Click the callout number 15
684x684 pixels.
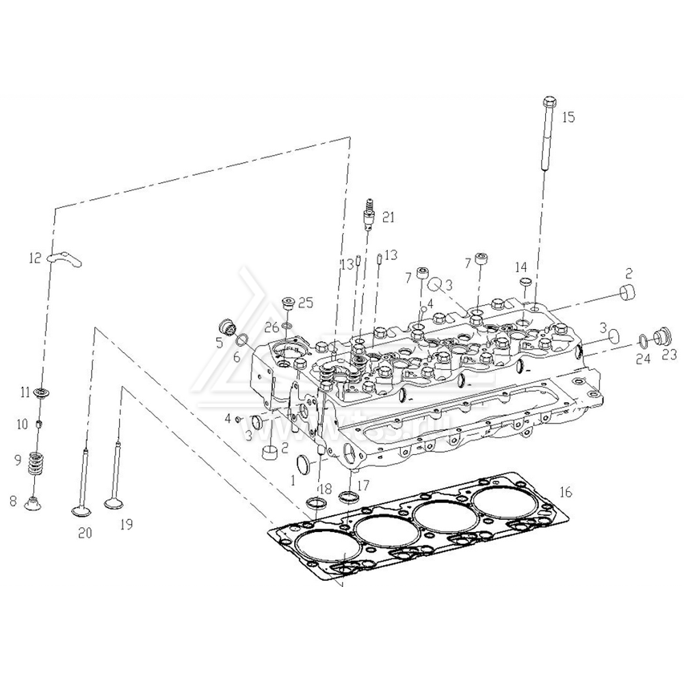(568, 117)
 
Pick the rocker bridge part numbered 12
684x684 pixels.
(65, 258)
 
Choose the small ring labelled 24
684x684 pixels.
(642, 339)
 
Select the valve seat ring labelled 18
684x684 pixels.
(317, 505)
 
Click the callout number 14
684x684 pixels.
(521, 267)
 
